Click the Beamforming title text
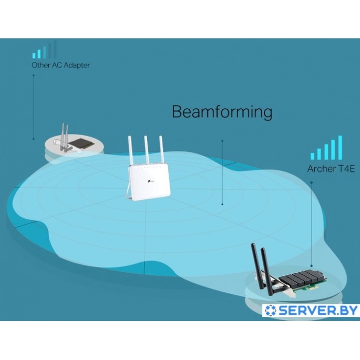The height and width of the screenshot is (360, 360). coord(222,112)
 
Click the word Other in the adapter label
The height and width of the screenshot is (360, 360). coord(40,65)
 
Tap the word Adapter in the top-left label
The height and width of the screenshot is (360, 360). coord(77,66)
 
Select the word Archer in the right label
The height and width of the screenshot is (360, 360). coord(322,169)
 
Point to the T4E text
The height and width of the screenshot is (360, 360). coord(347,169)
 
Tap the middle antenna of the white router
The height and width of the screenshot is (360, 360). coord(147,150)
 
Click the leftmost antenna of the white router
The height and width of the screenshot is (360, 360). coord(131,151)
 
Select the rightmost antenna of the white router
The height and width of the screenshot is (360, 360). coord(162,150)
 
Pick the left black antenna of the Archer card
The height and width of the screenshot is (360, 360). coord(258,266)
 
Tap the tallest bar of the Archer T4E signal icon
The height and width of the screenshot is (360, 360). coord(340,147)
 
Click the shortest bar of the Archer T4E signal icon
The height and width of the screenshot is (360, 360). coord(312,156)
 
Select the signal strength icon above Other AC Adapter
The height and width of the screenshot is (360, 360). coord(44,49)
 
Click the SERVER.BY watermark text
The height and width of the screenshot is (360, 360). coord(318,311)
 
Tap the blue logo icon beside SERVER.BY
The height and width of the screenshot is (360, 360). coord(271,311)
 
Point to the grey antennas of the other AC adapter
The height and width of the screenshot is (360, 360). coord(64,137)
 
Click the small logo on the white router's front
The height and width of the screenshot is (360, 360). coord(150,182)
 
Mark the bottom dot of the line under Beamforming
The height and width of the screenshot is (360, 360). coord(222,204)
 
